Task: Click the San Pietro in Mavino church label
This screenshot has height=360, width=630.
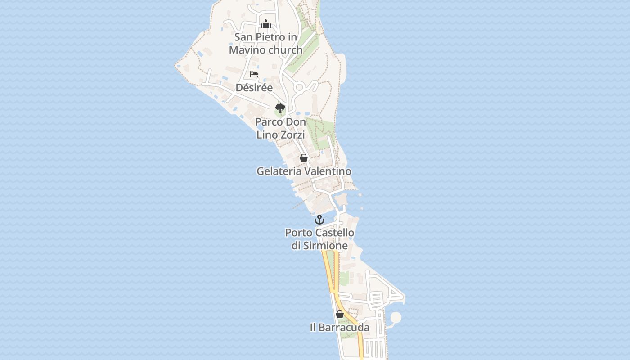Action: click(265, 43)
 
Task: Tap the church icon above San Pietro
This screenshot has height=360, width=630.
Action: click(266, 24)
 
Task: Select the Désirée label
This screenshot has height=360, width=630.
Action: click(254, 88)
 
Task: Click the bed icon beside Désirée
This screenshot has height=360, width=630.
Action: click(254, 74)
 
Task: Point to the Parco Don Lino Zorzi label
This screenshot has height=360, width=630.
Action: click(280, 128)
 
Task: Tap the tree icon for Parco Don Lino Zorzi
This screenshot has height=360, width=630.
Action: click(280, 108)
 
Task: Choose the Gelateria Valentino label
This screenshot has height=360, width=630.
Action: click(304, 171)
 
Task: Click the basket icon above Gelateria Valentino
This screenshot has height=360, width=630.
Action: click(304, 158)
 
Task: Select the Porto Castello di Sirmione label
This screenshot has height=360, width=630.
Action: click(319, 239)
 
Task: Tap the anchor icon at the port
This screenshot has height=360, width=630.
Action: click(319, 220)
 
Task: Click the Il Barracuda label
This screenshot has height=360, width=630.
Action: click(339, 328)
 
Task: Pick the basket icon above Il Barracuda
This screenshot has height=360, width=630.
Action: click(340, 314)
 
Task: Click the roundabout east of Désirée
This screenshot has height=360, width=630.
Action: click(300, 87)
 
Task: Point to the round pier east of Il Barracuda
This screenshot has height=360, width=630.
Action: click(396, 318)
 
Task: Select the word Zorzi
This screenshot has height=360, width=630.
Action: click(293, 135)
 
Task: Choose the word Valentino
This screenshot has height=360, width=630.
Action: click(328, 171)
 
